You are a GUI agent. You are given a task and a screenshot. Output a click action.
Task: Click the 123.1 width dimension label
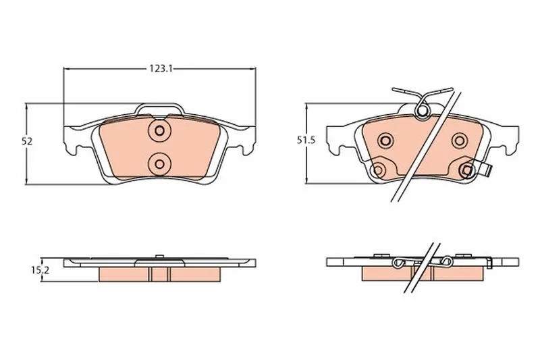161,68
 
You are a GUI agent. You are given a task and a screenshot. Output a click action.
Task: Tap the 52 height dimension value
27,141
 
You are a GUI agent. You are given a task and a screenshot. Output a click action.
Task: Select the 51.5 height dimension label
306,140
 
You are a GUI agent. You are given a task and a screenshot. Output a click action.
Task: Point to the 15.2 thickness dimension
40,270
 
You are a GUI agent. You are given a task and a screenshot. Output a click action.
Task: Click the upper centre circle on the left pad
159,130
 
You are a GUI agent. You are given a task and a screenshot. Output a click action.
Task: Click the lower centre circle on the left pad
159,164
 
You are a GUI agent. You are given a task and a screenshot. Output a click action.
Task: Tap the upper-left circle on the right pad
385,140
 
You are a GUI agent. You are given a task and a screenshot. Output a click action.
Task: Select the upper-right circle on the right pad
460,140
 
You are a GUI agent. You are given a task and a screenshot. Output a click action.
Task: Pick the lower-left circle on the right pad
378,170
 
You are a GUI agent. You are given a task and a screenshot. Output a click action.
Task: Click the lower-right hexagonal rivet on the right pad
467,170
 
